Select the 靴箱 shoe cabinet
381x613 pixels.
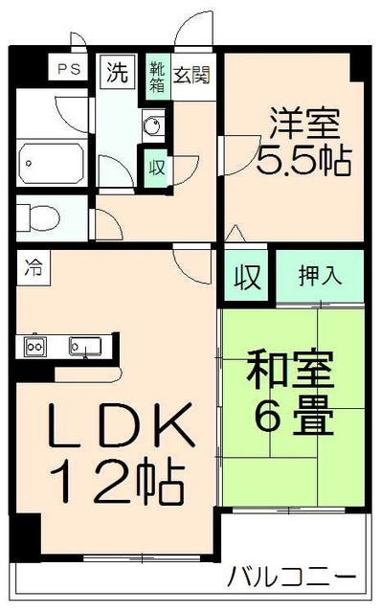coord(156,76)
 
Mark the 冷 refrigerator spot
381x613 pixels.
coord(34,269)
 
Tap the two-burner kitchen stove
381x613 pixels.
coord(35,346)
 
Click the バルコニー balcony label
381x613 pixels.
coord(292,578)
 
